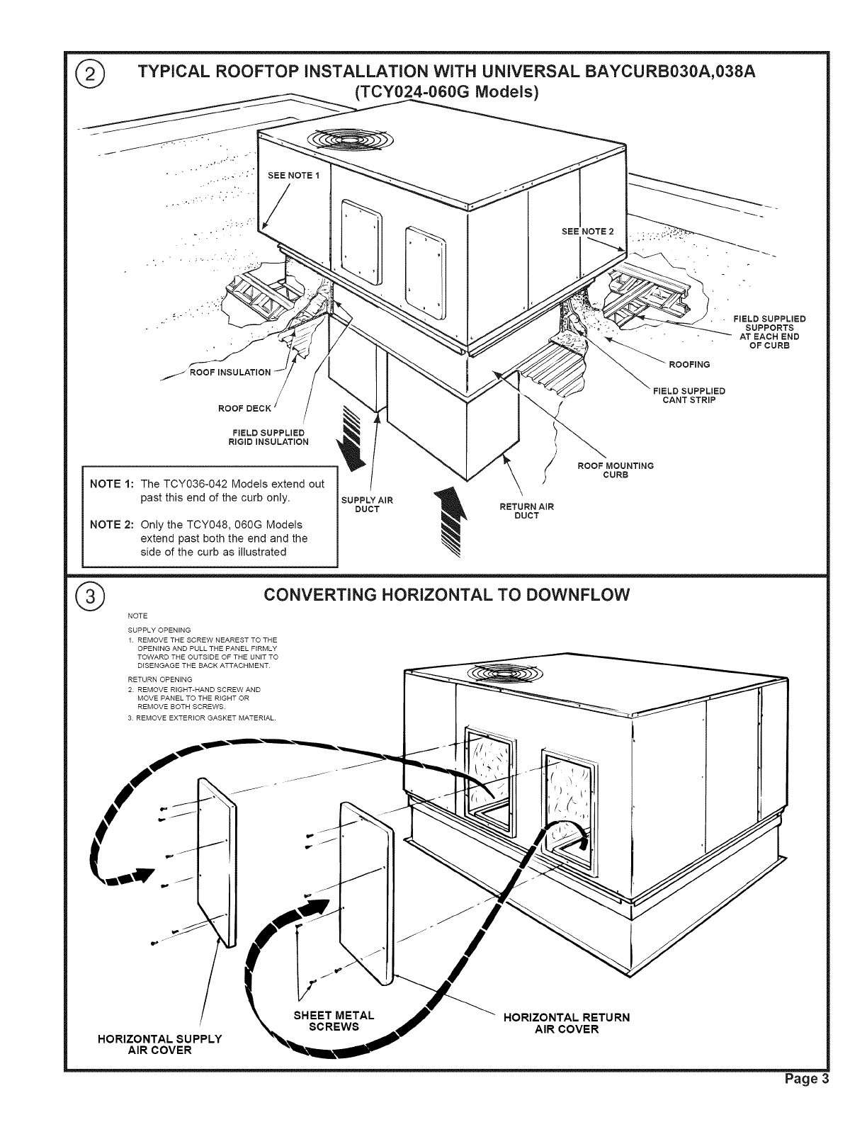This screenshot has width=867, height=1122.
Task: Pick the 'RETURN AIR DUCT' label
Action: point(527,511)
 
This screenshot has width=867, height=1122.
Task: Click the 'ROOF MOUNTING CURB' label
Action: point(616,470)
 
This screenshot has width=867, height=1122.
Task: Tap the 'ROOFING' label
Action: point(689,364)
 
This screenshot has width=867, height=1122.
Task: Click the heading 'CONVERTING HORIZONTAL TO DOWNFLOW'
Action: point(446,594)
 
